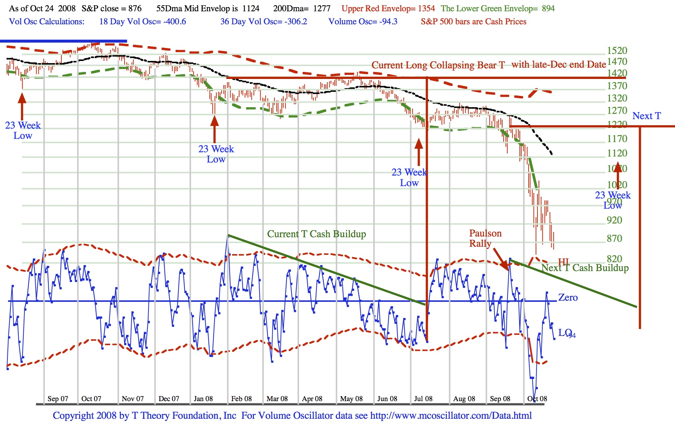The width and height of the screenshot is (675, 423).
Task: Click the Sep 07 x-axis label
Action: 58,399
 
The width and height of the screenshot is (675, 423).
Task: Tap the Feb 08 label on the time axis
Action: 242,399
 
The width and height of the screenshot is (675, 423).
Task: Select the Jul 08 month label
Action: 423,399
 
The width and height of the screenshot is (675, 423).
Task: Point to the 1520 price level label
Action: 617,51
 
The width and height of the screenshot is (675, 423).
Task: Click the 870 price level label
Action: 614,239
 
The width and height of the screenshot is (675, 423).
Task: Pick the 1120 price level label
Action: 617,153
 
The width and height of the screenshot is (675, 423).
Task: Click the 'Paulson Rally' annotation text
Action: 485,238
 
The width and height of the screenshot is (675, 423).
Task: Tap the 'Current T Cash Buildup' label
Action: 316,234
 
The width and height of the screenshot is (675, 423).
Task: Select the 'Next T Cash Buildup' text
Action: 585,268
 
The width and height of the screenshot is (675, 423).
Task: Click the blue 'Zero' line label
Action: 568,298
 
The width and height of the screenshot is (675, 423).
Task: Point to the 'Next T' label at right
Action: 646,116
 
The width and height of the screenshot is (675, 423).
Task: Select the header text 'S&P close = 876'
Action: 111,8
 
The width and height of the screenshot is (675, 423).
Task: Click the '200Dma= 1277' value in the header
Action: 302,8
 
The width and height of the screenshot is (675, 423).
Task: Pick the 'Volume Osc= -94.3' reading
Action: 363,22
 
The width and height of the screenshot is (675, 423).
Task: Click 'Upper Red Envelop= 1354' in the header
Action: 388,8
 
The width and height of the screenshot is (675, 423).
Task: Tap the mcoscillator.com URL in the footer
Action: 451,416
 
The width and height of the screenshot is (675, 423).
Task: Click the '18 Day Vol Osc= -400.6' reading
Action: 142,22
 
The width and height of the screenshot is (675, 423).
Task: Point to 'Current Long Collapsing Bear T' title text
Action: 438,65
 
